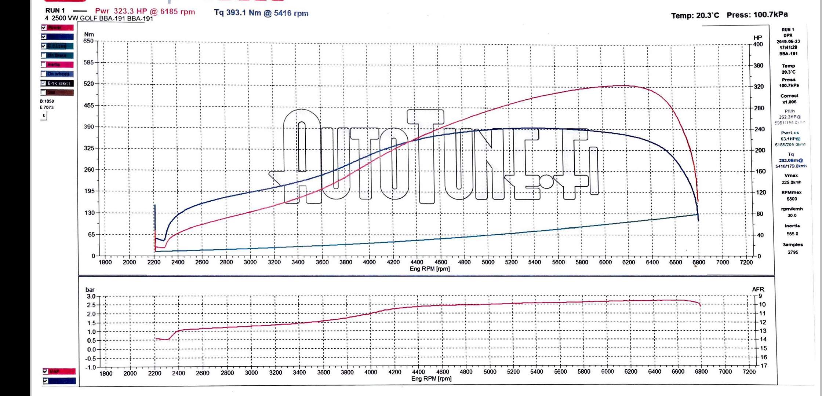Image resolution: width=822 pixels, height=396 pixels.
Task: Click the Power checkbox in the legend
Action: click(x=44, y=27)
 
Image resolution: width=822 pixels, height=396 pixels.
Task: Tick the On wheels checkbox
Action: click(x=44, y=74)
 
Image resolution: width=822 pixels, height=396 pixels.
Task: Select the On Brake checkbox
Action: click(x=44, y=55)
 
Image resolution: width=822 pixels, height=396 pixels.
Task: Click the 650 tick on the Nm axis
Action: click(x=88, y=41)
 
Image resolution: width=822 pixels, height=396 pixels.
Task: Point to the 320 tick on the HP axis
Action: click(x=759, y=87)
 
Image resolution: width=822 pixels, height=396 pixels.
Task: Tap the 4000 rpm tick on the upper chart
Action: click(x=369, y=262)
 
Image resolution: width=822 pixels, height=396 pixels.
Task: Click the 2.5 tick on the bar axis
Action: click(x=91, y=305)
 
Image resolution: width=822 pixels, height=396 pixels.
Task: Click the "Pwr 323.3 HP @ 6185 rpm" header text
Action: click(x=145, y=12)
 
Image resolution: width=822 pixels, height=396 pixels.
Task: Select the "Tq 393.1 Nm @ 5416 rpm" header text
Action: click(x=261, y=13)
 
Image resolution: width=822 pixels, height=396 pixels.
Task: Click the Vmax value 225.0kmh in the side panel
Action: click(x=791, y=182)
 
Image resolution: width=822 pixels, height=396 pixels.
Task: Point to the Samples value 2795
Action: click(x=793, y=252)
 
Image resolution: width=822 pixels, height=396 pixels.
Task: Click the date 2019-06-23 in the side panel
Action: click(x=788, y=41)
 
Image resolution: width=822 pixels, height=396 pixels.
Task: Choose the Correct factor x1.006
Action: click(x=789, y=102)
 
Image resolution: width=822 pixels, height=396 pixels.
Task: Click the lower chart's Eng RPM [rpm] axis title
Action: click(x=431, y=379)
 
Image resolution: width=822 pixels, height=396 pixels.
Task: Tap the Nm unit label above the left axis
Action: click(x=89, y=34)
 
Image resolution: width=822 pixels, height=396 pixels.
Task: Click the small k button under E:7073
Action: click(x=44, y=116)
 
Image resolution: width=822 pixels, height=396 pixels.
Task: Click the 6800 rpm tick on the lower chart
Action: click(x=701, y=371)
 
